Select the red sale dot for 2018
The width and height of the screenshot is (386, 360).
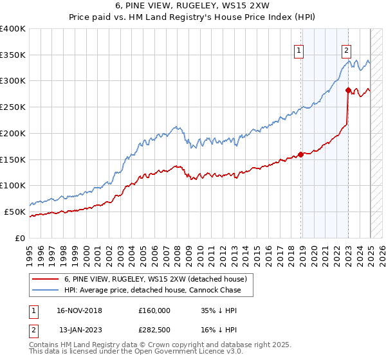(x=300, y=154)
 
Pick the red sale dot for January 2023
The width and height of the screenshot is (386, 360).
(x=348, y=90)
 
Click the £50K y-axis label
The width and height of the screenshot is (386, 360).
(x=15, y=212)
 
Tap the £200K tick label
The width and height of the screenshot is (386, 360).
(x=13, y=134)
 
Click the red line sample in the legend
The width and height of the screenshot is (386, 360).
(x=46, y=279)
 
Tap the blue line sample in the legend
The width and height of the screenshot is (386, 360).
(x=46, y=290)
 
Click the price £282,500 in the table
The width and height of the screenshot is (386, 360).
(x=154, y=329)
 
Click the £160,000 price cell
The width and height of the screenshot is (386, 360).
(x=154, y=310)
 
